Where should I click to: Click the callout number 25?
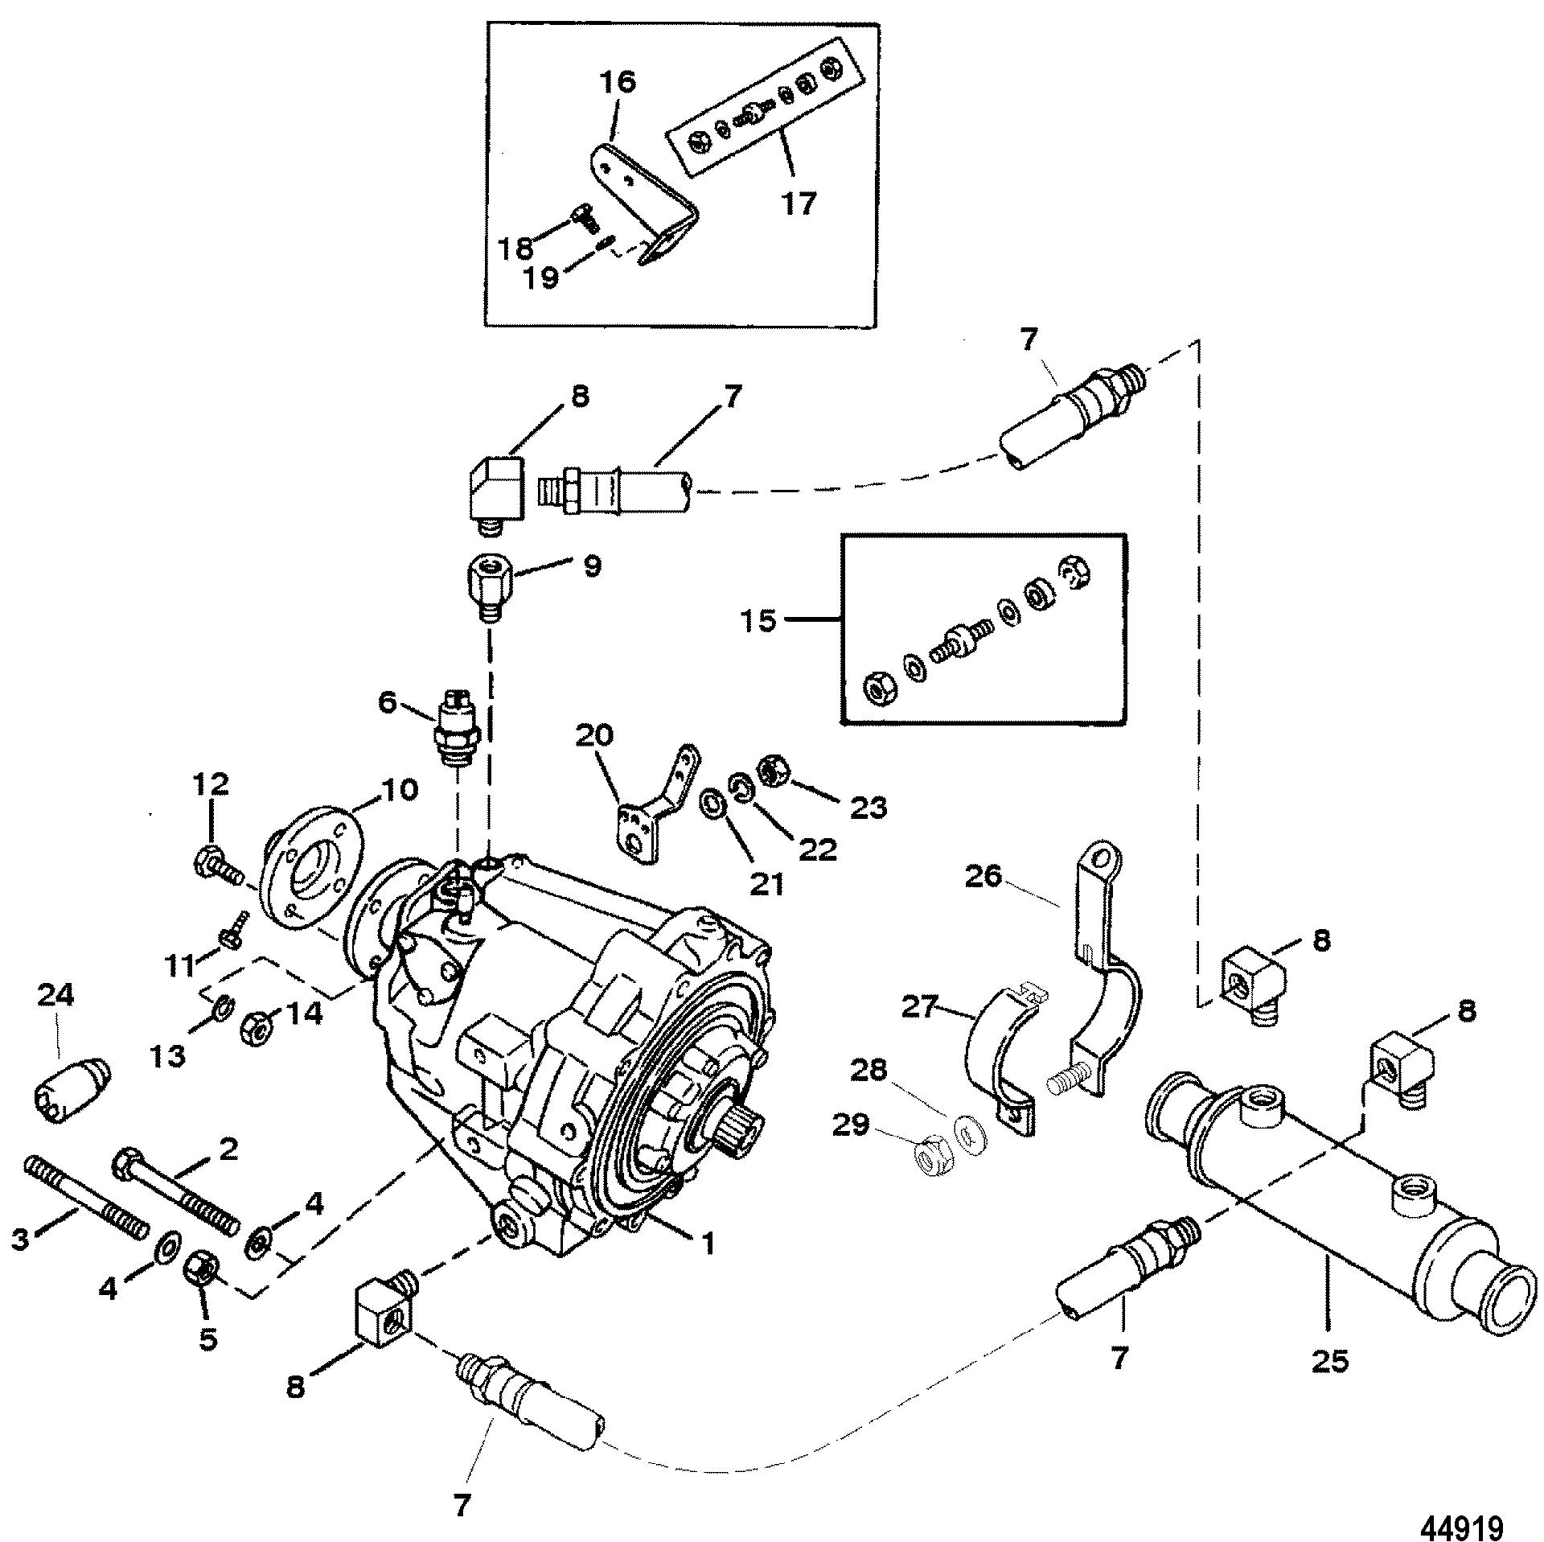pyautogui.click(x=1328, y=1361)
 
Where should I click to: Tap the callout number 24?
pyautogui.click(x=55, y=997)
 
